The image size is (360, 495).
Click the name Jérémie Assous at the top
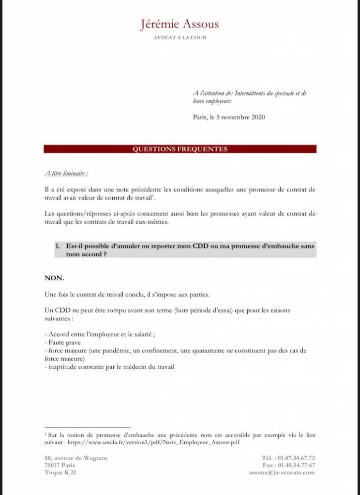click(x=180, y=24)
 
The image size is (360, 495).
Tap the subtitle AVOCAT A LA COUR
click(x=180, y=37)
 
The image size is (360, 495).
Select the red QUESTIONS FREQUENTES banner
click(x=180, y=149)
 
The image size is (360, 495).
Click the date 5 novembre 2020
click(x=237, y=117)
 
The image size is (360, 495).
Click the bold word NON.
click(x=54, y=278)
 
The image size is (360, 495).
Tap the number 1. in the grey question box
click(x=57, y=246)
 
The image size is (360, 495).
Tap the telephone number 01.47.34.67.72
click(x=297, y=458)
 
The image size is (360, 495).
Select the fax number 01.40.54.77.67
click(x=297, y=465)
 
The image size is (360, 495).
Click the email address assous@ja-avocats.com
click(x=282, y=472)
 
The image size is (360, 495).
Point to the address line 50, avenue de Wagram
click(x=76, y=458)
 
